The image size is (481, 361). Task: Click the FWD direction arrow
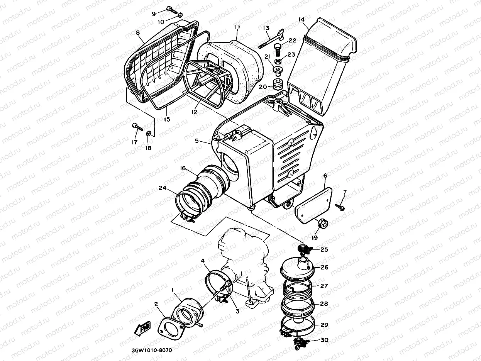point(142,329)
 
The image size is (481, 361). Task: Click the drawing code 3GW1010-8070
point(151,351)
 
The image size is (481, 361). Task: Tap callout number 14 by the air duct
point(302,19)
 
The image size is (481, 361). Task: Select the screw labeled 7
point(341,207)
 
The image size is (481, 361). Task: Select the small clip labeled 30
point(300,341)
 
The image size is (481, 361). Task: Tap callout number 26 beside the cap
point(324,267)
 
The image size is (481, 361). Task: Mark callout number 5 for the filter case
point(197,141)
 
